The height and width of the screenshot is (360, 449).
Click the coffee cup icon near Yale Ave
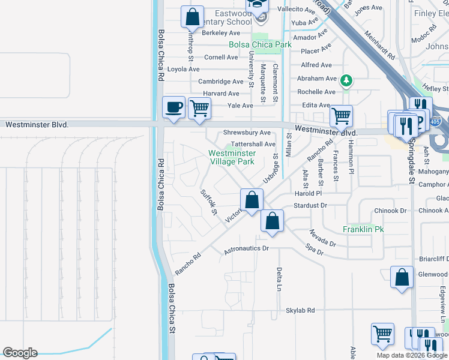174,107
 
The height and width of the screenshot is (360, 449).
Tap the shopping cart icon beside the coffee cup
199,109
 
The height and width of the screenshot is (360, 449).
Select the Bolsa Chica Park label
260,44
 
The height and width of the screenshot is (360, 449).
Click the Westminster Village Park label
232,157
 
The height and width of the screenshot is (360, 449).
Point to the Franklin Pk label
363,229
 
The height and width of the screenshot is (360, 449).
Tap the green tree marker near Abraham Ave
346,80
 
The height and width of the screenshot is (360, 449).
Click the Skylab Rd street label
300,310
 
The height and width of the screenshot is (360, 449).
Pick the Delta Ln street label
279,279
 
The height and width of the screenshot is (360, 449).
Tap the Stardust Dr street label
310,205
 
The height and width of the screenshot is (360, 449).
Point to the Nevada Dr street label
322,238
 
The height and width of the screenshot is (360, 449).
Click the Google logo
20,353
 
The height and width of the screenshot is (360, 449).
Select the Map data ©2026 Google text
412,355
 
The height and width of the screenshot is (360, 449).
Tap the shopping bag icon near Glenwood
402,277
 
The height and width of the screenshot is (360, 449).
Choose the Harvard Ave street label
221,94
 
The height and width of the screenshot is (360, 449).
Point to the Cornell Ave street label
221,58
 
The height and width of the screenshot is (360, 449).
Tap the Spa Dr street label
315,249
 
